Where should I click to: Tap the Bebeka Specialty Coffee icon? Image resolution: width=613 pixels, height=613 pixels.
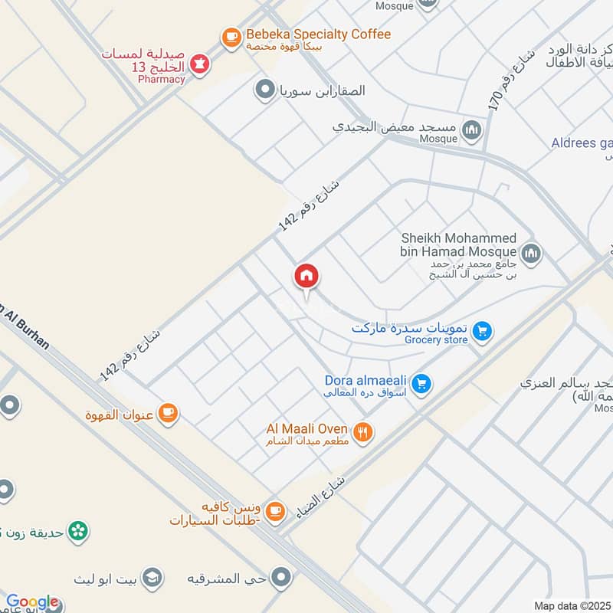point(230,36)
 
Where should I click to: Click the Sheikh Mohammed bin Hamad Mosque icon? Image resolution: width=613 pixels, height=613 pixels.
point(531,253)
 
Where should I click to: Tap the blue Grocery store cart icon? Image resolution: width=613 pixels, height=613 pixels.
point(482,331)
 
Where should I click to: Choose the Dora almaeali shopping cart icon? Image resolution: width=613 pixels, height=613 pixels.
point(420,383)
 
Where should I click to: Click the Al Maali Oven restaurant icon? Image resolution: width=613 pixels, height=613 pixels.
point(364,432)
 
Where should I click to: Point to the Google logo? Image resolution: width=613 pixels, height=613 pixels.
point(32,602)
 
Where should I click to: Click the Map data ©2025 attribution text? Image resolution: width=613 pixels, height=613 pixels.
point(572,605)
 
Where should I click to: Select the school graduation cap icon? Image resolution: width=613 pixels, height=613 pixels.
point(153,576)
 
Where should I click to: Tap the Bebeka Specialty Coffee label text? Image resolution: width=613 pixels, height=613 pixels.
point(318,34)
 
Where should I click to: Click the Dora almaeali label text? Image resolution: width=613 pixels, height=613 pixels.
point(366,380)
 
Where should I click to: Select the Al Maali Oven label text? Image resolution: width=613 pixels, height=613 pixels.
point(306,428)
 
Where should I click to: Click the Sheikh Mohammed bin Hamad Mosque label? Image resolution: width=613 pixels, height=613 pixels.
point(458,245)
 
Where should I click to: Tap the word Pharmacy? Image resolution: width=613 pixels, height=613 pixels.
point(162,79)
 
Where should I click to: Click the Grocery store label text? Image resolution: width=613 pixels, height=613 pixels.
point(436,339)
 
